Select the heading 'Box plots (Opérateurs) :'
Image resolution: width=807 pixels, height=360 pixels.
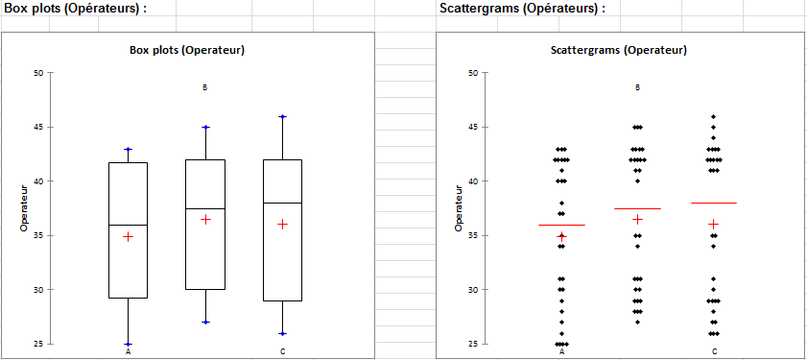(x=76, y=9)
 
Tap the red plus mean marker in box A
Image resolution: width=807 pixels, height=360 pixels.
(x=128, y=236)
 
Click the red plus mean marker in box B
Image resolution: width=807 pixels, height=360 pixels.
(x=205, y=220)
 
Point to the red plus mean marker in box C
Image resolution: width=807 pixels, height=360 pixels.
(x=282, y=225)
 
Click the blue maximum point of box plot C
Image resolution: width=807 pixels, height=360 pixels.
(x=282, y=116)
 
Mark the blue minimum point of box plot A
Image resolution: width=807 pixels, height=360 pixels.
(x=128, y=344)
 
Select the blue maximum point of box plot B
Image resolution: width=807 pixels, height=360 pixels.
(x=205, y=127)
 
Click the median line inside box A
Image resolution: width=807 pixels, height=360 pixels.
(x=128, y=225)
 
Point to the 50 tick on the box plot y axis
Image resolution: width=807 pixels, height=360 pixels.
(x=38, y=73)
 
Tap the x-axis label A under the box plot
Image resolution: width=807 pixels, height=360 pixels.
(x=128, y=351)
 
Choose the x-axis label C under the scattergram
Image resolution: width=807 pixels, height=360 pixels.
(x=714, y=351)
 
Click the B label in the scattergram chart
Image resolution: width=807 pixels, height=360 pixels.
(x=638, y=87)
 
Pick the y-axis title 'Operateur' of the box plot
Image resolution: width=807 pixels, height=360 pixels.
(x=24, y=208)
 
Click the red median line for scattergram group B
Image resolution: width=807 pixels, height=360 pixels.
(x=638, y=208)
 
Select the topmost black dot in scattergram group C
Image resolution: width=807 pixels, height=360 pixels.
(x=714, y=116)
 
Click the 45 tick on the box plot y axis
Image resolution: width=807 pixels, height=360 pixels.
(x=38, y=127)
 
